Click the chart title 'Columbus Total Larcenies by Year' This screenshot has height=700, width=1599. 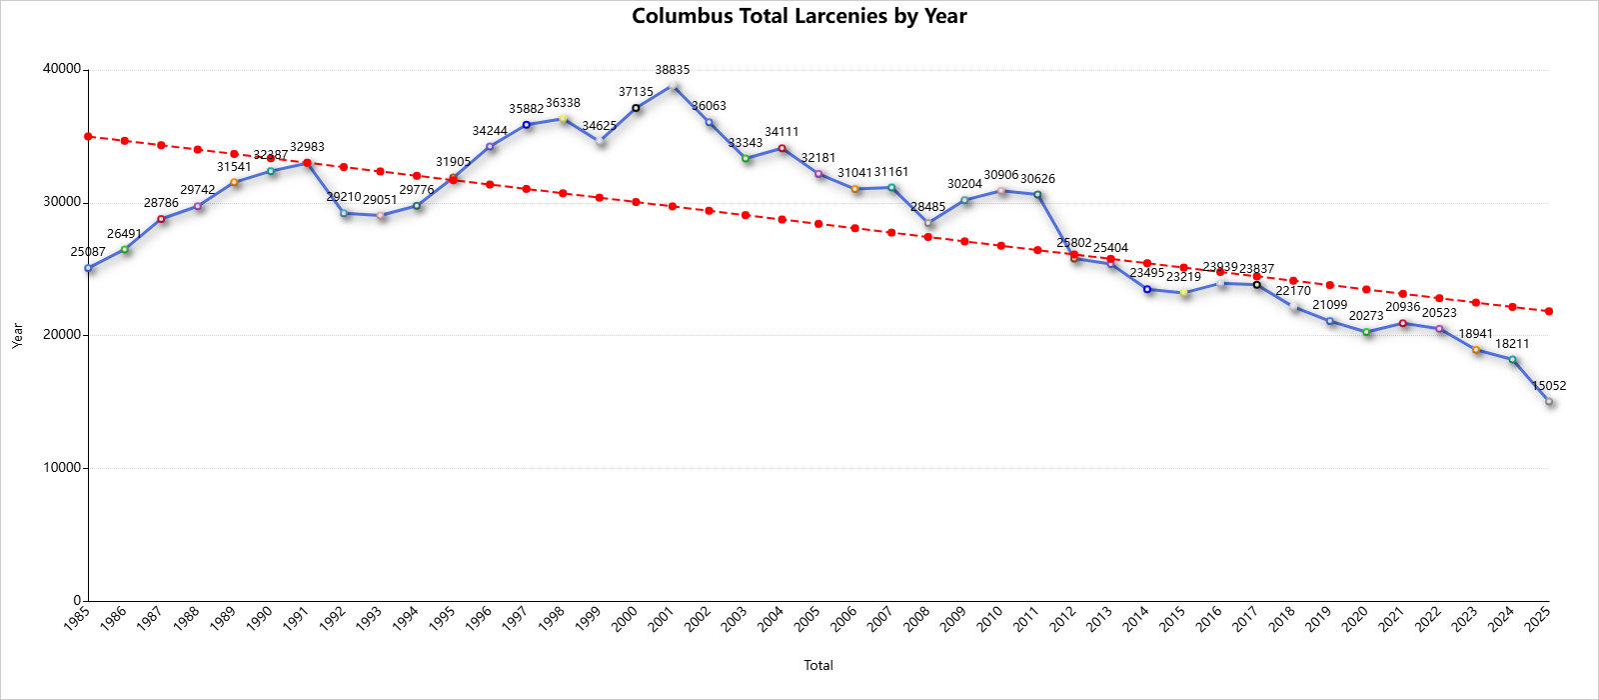click(799, 16)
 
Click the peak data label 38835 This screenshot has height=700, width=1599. click(672, 70)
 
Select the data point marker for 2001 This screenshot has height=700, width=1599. click(673, 86)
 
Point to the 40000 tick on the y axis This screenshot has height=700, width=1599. click(62, 70)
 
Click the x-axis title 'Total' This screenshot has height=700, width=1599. click(818, 665)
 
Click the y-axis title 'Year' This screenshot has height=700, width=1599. click(17, 335)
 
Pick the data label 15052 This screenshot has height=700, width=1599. click(1548, 386)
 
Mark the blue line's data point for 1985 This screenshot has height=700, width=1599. click(88, 268)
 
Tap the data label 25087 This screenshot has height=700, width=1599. click(88, 252)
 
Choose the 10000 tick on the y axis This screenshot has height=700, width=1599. click(62, 468)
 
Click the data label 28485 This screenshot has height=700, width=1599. click(928, 207)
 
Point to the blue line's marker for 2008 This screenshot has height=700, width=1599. click(928, 223)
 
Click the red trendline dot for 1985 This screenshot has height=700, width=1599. click(88, 136)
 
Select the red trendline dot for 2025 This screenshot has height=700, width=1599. click(1548, 311)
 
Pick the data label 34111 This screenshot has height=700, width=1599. click(782, 132)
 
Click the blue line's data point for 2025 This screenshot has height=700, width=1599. click(1548, 401)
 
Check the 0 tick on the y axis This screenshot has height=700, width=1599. click(76, 601)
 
